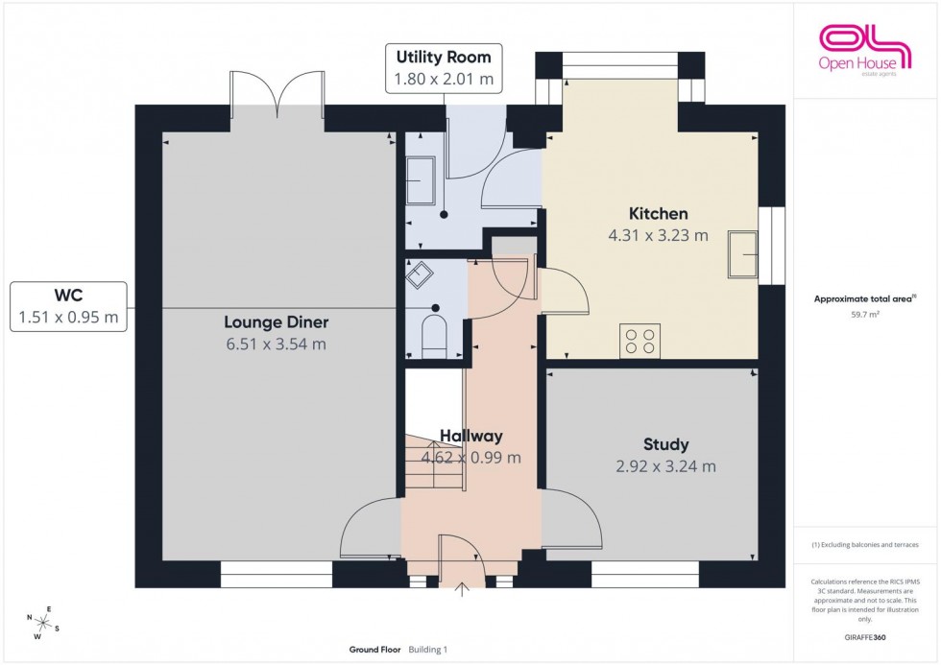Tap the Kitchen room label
pos(658,213)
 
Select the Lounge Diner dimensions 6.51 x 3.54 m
pos(275,344)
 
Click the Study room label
pos(665,444)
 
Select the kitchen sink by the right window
pos(742,253)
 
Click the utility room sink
pos(419,180)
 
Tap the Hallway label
pos(471,436)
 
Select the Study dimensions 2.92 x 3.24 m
pos(665,466)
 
